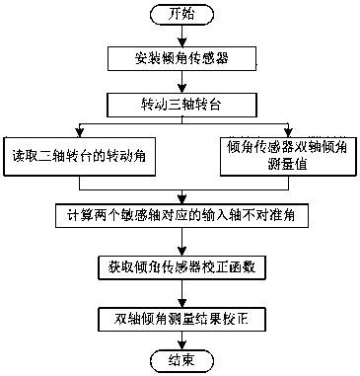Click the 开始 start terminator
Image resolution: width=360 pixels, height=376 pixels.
point(180,14)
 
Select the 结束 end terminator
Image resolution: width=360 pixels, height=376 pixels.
point(180,361)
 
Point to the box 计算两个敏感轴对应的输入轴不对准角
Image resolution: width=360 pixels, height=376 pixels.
point(180,214)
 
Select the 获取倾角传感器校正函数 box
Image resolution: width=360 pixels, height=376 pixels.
point(180,267)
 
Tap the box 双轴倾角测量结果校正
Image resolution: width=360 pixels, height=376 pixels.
point(180,320)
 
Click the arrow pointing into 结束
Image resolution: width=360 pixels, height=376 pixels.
point(180,340)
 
